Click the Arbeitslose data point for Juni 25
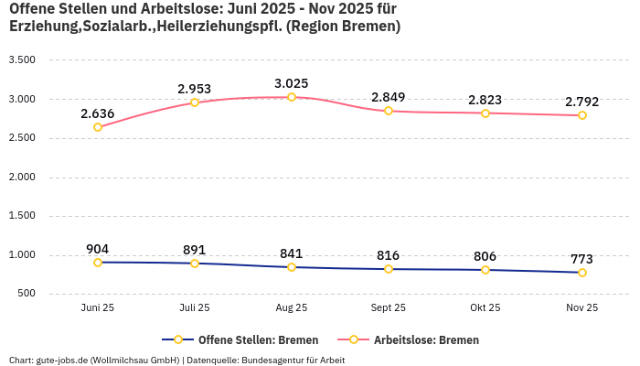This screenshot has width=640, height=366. click(98, 127)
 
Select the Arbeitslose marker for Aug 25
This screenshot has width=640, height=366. click(292, 97)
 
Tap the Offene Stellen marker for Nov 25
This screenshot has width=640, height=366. click(582, 273)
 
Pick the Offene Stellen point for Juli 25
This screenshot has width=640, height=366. click(195, 264)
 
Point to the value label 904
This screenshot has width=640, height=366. click(98, 249)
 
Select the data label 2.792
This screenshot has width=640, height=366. click(582, 102)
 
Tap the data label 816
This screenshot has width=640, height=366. click(389, 255)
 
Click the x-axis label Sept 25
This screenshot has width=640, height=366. click(389, 308)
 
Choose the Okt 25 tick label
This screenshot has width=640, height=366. click(485, 308)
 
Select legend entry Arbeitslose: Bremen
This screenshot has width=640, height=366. click(426, 339)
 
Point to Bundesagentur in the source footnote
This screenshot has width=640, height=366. click(273, 360)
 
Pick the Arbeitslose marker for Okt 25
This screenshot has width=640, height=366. click(485, 113)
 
